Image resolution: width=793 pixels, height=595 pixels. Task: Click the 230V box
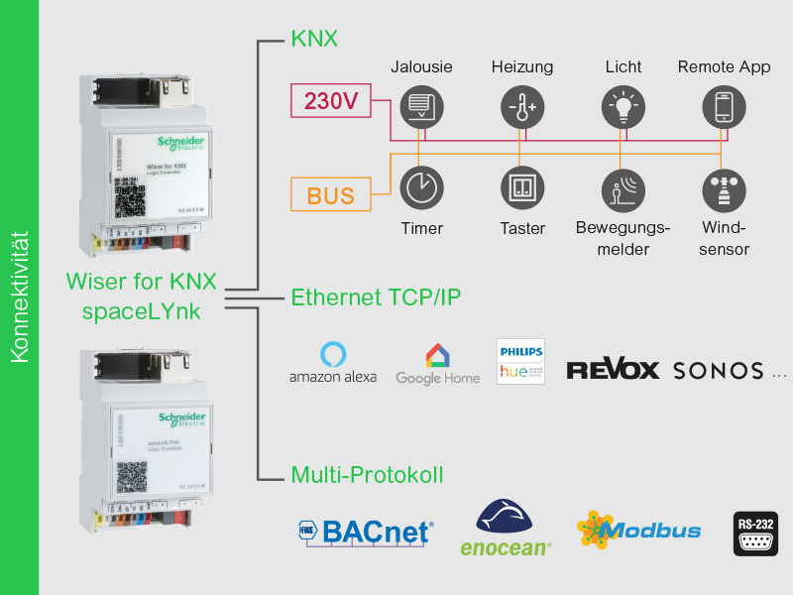(331, 100)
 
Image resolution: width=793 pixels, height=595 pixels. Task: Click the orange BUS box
(331, 195)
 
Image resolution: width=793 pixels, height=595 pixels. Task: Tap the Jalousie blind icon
(421, 106)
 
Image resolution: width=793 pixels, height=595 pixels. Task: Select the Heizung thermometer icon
(521, 106)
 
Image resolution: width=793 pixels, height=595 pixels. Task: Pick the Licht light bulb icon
(623, 106)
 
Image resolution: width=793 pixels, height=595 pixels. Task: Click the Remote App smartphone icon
(725, 106)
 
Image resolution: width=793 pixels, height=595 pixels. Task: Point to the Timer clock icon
(421, 186)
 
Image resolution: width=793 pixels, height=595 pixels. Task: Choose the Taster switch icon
(521, 186)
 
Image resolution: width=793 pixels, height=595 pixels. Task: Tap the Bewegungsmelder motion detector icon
(623, 186)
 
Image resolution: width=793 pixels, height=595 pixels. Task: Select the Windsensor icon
(725, 188)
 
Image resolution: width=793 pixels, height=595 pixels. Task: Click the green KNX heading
(314, 40)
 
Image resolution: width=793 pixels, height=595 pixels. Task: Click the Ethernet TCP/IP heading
(376, 297)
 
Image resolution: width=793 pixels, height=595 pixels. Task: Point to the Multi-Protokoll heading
(367, 475)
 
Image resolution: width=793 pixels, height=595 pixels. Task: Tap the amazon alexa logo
(333, 363)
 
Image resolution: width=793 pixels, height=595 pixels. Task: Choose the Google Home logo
(437, 364)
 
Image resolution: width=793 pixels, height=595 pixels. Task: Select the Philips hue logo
(520, 362)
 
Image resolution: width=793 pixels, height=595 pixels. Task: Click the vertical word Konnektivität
(19, 297)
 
